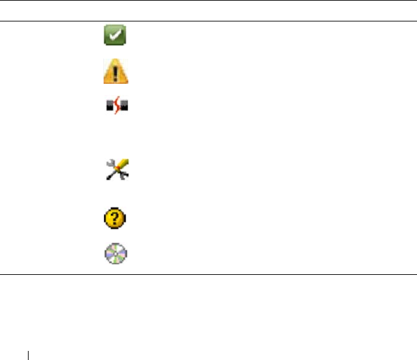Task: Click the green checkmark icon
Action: point(116,35)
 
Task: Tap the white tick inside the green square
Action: point(116,35)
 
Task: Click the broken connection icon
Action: point(116,107)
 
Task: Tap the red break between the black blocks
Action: point(116,107)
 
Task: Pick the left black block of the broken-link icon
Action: point(109,108)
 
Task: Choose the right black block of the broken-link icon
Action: point(123,108)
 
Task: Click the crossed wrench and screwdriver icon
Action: point(116,170)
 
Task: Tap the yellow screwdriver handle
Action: point(122,164)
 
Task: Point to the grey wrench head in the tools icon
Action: point(109,164)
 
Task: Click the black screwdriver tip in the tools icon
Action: point(108,179)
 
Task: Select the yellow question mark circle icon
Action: point(116,218)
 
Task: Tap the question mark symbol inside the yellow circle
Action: point(116,218)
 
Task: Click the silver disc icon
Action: point(116,253)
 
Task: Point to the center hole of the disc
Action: point(116,253)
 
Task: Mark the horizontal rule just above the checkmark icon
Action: point(208,21)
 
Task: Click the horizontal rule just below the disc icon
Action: point(208,274)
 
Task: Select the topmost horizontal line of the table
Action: point(208,1)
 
